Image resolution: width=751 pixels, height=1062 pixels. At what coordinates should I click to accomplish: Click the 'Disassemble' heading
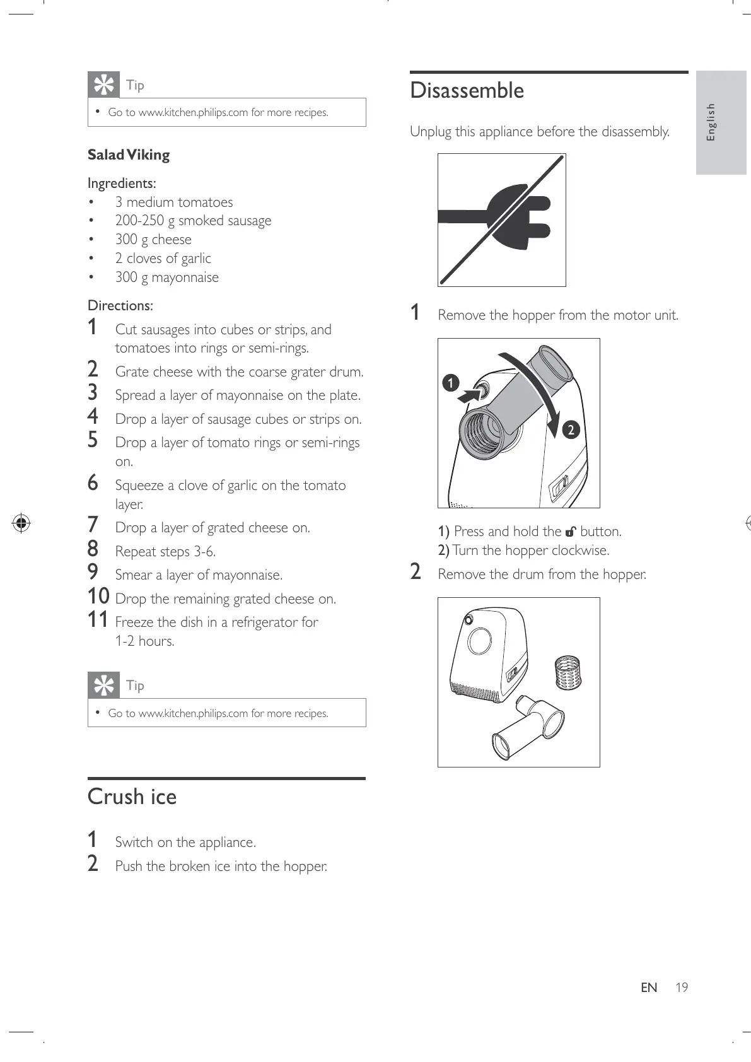click(467, 91)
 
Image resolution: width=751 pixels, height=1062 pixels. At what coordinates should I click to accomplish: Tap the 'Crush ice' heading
click(132, 796)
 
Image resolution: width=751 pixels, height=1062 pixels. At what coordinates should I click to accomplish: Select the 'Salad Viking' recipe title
click(129, 155)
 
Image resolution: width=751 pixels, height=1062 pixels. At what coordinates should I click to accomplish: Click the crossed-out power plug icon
click(502, 219)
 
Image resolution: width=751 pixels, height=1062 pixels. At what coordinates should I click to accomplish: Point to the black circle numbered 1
click(450, 383)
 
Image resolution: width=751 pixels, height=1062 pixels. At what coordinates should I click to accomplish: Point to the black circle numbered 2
click(570, 429)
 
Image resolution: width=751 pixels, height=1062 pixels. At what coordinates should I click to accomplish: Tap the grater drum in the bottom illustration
click(568, 674)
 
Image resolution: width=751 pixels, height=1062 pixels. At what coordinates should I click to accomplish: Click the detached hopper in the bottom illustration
click(528, 727)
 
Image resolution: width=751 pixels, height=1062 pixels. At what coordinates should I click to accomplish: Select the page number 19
click(681, 988)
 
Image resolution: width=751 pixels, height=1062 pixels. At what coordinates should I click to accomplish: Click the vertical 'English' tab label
click(711, 122)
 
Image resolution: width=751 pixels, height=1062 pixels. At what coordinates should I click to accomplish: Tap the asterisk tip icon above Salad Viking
click(103, 85)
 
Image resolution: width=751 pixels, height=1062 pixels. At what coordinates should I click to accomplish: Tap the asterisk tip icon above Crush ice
click(103, 686)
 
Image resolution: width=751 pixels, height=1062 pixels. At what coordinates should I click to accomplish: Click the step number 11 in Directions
click(98, 620)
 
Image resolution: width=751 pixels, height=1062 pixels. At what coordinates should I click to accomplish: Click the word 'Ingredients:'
click(122, 184)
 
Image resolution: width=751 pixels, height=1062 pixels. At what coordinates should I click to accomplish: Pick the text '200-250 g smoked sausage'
click(193, 221)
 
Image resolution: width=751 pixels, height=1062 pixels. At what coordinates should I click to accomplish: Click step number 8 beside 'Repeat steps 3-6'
click(93, 549)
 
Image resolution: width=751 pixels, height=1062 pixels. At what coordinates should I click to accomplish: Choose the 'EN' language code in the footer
click(649, 988)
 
